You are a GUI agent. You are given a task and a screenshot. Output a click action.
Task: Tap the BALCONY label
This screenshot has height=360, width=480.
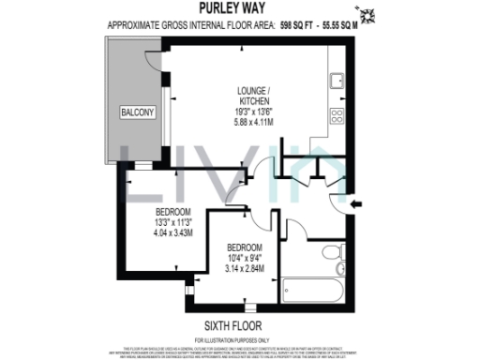pyautogui.click(x=135, y=112)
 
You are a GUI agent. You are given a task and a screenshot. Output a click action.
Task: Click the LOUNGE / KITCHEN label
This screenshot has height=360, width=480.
pyautogui.click(x=254, y=94)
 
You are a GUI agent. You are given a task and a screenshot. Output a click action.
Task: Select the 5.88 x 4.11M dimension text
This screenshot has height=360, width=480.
pyautogui.click(x=254, y=122)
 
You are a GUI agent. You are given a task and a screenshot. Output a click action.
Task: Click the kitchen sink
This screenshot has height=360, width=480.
pyautogui.click(x=336, y=81)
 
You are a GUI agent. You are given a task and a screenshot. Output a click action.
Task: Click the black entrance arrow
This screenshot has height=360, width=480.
pyautogui.click(x=354, y=202)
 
